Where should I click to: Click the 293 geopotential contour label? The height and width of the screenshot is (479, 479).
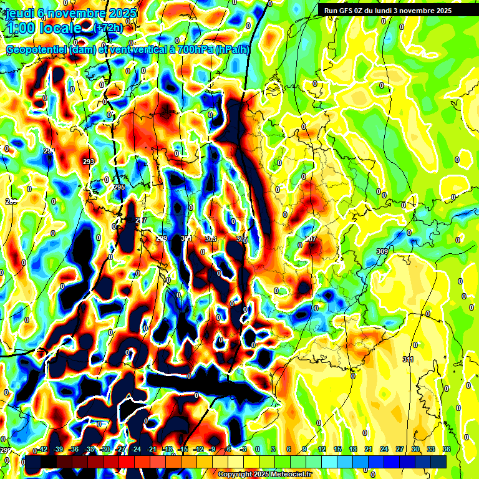89,162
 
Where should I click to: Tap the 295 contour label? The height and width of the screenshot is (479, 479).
119,187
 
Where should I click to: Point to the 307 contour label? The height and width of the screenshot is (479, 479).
311,239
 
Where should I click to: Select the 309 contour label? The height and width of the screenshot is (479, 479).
382,251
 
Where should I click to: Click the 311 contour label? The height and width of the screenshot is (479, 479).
409,359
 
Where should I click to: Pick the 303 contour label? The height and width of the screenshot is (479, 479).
211,239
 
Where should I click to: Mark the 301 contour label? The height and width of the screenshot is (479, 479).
186,239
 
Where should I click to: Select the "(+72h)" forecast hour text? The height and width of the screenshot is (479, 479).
108,28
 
